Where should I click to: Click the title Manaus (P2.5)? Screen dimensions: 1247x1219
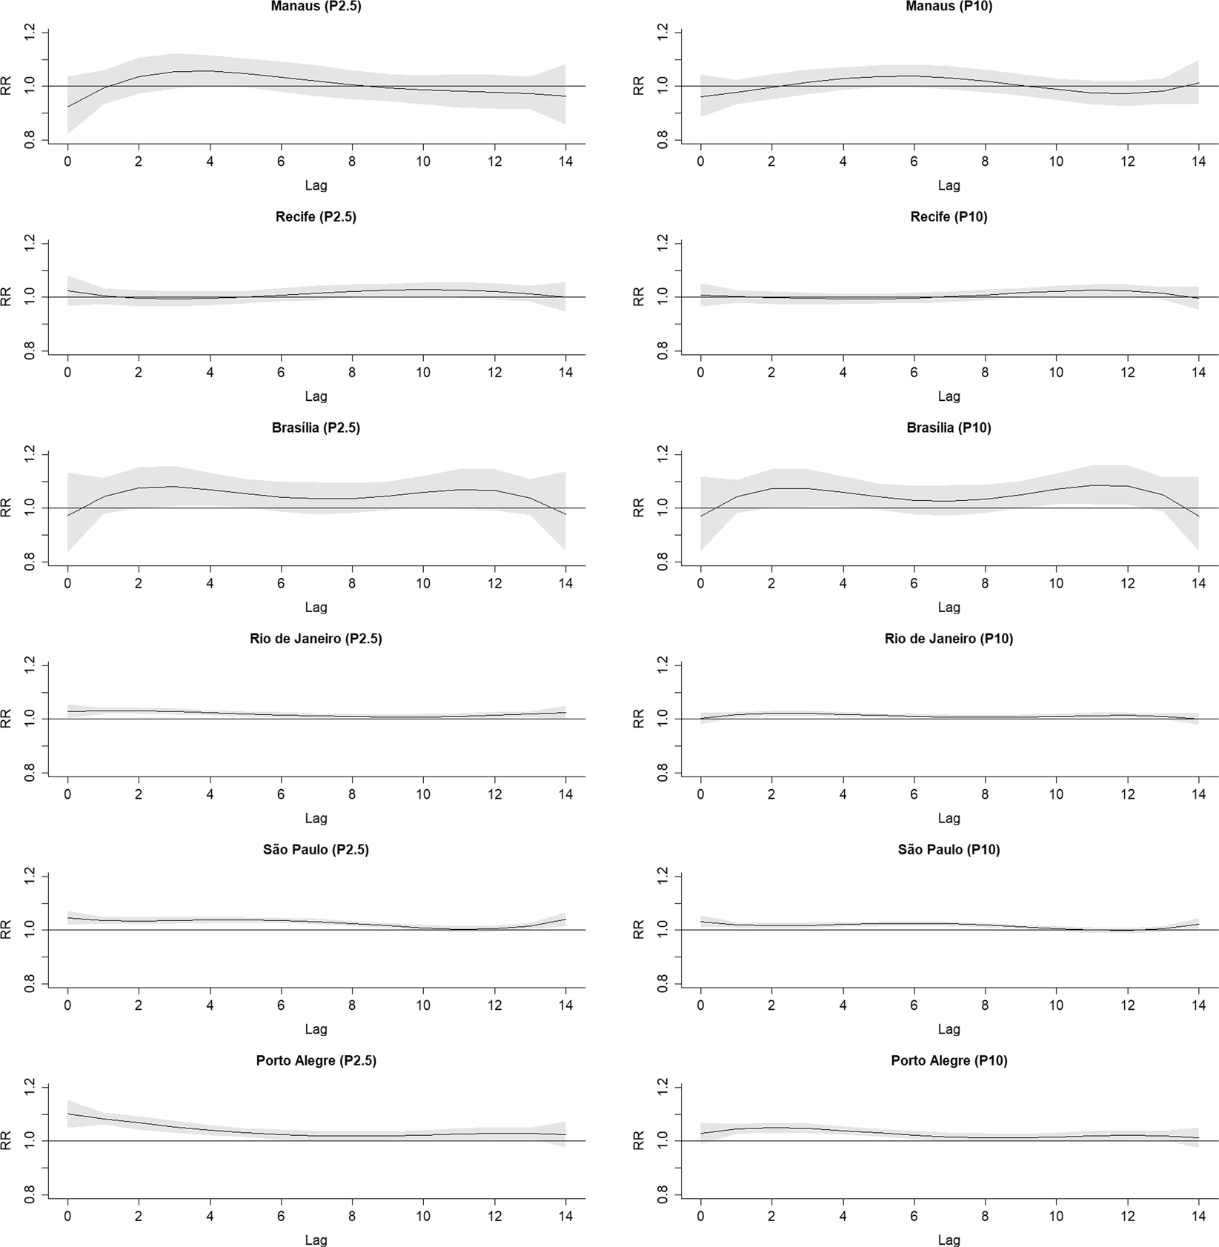tap(316, 7)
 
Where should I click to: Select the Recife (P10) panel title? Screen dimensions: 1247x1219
tap(949, 217)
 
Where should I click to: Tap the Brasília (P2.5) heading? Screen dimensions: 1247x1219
tap(316, 428)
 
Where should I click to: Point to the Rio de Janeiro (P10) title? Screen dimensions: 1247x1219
tap(949, 639)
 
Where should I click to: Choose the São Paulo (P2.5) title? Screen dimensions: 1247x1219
tap(316, 850)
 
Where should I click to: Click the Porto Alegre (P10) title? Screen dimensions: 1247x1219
tap(949, 1061)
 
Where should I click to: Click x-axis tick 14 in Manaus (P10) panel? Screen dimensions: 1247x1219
tap(1198, 162)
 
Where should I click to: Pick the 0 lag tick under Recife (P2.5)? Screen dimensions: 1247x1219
tap(67, 373)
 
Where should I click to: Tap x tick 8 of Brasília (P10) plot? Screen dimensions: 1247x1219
tap(985, 584)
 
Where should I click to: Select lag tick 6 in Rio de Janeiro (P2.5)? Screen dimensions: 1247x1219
tap(281, 794)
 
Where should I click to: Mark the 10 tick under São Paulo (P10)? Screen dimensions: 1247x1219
tap(1056, 1005)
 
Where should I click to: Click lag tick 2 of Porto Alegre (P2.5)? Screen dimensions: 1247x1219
tap(139, 1217)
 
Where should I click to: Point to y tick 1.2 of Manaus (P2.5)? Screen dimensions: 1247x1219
tap(30, 32)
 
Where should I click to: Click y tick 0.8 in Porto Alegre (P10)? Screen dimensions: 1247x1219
tap(662, 1195)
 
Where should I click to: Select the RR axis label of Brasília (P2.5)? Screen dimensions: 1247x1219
tap(7, 508)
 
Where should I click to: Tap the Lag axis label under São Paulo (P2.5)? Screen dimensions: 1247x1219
tap(316, 1029)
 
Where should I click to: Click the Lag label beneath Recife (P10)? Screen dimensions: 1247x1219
tap(949, 396)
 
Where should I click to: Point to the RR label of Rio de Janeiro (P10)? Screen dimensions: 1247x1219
tap(640, 719)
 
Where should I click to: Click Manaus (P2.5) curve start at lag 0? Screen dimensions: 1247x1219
tap(68, 107)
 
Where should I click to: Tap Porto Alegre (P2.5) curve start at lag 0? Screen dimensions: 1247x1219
tap(68, 1114)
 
